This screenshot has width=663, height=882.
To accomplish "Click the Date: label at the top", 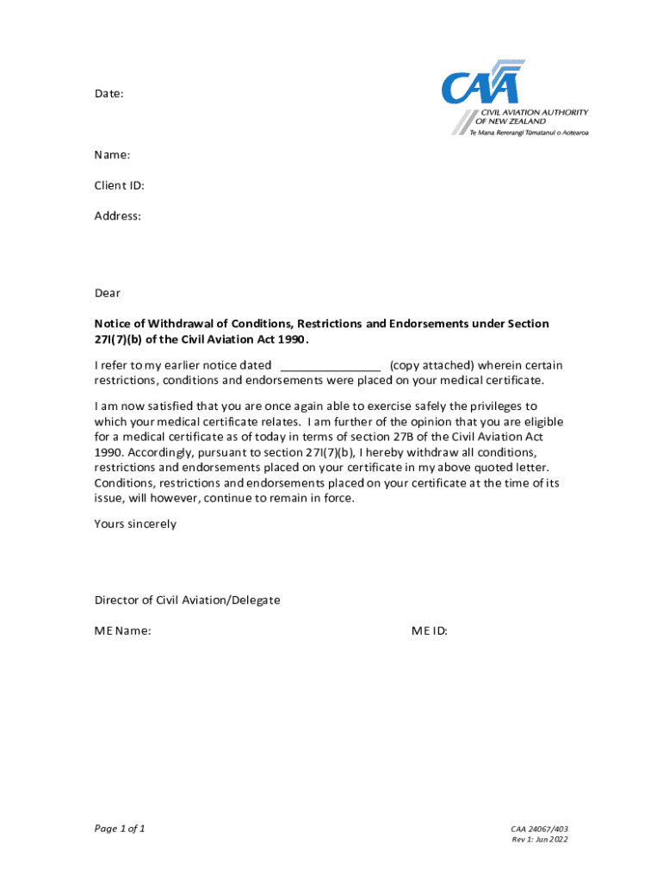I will pos(109,93).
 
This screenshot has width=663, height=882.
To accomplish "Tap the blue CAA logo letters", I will pos(481,86).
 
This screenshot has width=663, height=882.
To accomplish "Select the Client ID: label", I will pos(119,185).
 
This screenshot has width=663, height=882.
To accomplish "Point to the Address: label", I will pos(118,216).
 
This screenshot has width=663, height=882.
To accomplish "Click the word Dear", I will pos(108,294).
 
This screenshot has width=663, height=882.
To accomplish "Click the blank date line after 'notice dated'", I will pos(331,365).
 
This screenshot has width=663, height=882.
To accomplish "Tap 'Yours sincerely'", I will pos(135,524).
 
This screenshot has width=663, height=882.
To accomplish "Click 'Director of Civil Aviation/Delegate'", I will pos(187,599).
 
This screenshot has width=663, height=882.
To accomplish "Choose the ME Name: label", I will pos(123,630).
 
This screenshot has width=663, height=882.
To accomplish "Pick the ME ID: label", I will pos(430,630).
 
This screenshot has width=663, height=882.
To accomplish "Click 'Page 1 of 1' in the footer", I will pos(120,829).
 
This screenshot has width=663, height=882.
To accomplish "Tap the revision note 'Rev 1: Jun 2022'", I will pos(540,840).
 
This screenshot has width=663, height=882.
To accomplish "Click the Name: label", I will pos(112,154).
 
